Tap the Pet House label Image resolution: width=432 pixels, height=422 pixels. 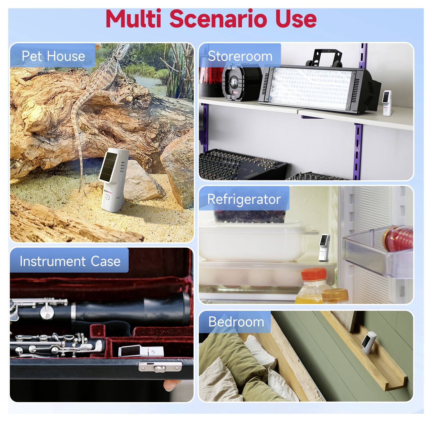(x=53, y=56)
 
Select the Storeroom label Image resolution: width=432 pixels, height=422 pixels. (x=240, y=56)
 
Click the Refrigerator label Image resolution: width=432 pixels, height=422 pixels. (x=244, y=199)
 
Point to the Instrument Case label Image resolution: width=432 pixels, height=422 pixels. (x=70, y=261)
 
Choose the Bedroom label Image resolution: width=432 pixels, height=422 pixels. (x=236, y=322)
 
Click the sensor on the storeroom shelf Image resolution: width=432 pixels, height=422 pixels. (x=387, y=103)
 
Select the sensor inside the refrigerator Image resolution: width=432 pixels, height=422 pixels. (x=324, y=248)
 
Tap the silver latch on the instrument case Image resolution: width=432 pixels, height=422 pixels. (x=160, y=367)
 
